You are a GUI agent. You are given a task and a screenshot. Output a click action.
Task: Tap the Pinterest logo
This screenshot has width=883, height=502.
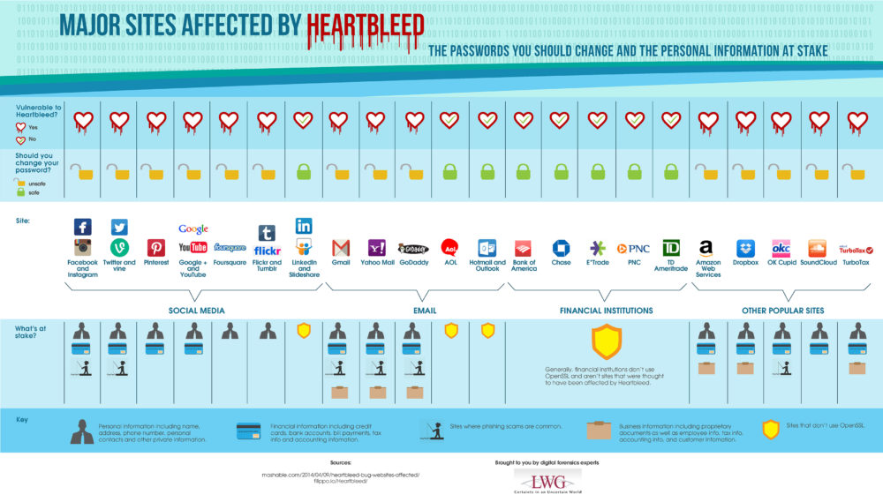(x=155, y=248)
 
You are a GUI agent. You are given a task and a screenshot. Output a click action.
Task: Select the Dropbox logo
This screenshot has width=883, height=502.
(x=746, y=248)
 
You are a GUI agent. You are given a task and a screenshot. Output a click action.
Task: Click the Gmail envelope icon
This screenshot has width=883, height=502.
(x=341, y=248)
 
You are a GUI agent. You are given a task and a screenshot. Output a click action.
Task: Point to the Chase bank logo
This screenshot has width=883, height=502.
(x=562, y=248)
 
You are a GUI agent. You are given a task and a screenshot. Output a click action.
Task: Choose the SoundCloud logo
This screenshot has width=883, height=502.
(x=817, y=248)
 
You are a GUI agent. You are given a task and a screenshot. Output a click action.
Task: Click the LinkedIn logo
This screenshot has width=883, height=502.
(x=304, y=227)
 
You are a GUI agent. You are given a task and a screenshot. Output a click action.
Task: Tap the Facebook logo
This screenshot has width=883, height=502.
(x=82, y=227)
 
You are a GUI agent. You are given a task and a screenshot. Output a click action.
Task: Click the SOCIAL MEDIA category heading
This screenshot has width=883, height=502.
(x=196, y=311)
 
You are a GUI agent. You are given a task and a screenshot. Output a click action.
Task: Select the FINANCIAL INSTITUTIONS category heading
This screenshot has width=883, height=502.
(x=606, y=311)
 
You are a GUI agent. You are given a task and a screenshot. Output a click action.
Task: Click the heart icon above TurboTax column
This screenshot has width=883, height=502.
(x=856, y=120)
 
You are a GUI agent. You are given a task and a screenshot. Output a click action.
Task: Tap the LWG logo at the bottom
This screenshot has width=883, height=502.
(x=547, y=481)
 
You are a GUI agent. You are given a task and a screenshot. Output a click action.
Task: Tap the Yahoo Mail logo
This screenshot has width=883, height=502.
(x=376, y=248)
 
